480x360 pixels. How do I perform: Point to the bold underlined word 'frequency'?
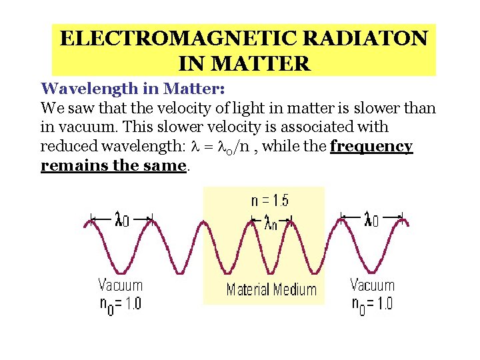pyautogui.click(x=371, y=146)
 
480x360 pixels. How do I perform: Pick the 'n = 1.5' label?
pyautogui.click(x=270, y=200)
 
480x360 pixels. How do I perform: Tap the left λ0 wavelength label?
pyautogui.click(x=122, y=219)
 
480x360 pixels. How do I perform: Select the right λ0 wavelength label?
pyautogui.click(x=371, y=218)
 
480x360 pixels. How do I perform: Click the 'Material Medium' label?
pyautogui.click(x=271, y=289)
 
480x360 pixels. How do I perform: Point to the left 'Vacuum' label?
pyautogui.click(x=121, y=285)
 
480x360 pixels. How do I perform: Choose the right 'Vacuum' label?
pyautogui.click(x=372, y=285)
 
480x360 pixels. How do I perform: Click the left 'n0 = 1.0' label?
pyautogui.click(x=121, y=305)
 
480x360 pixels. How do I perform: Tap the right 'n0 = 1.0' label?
pyautogui.click(x=372, y=305)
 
